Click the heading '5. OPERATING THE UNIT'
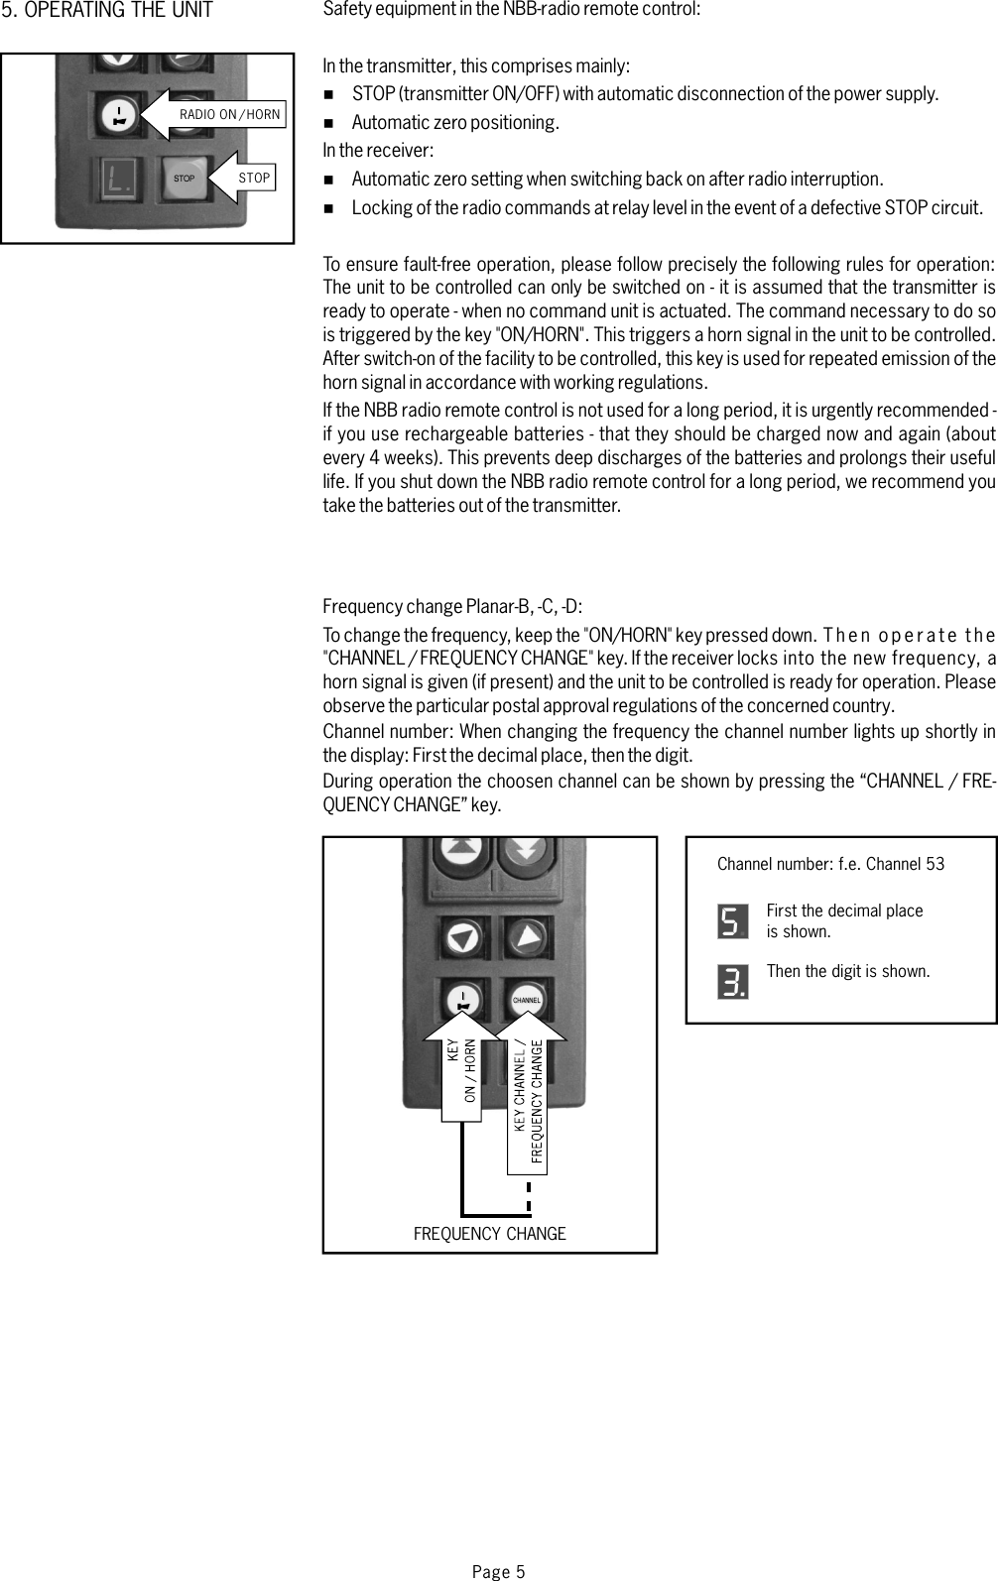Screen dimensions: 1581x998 tap(107, 12)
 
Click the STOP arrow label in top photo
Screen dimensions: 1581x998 tap(253, 178)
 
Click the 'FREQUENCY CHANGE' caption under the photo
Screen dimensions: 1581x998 tap(489, 1234)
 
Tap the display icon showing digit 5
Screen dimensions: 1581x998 tap(732, 921)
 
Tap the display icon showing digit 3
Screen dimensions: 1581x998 tap(732, 981)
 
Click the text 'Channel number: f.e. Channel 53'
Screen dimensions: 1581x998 tap(830, 864)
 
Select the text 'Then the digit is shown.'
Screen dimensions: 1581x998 tap(848, 971)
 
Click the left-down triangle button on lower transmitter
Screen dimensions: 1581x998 tap(463, 935)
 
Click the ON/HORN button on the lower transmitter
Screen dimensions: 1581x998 tap(462, 1000)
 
